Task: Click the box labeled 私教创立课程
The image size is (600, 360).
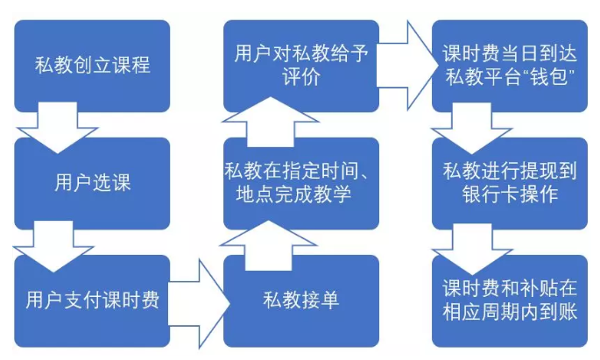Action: [92, 66]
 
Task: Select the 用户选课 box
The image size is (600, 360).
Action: [92, 183]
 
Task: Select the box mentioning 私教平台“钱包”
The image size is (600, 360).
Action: [509, 66]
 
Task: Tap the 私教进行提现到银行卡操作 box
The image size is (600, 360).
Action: [509, 183]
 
